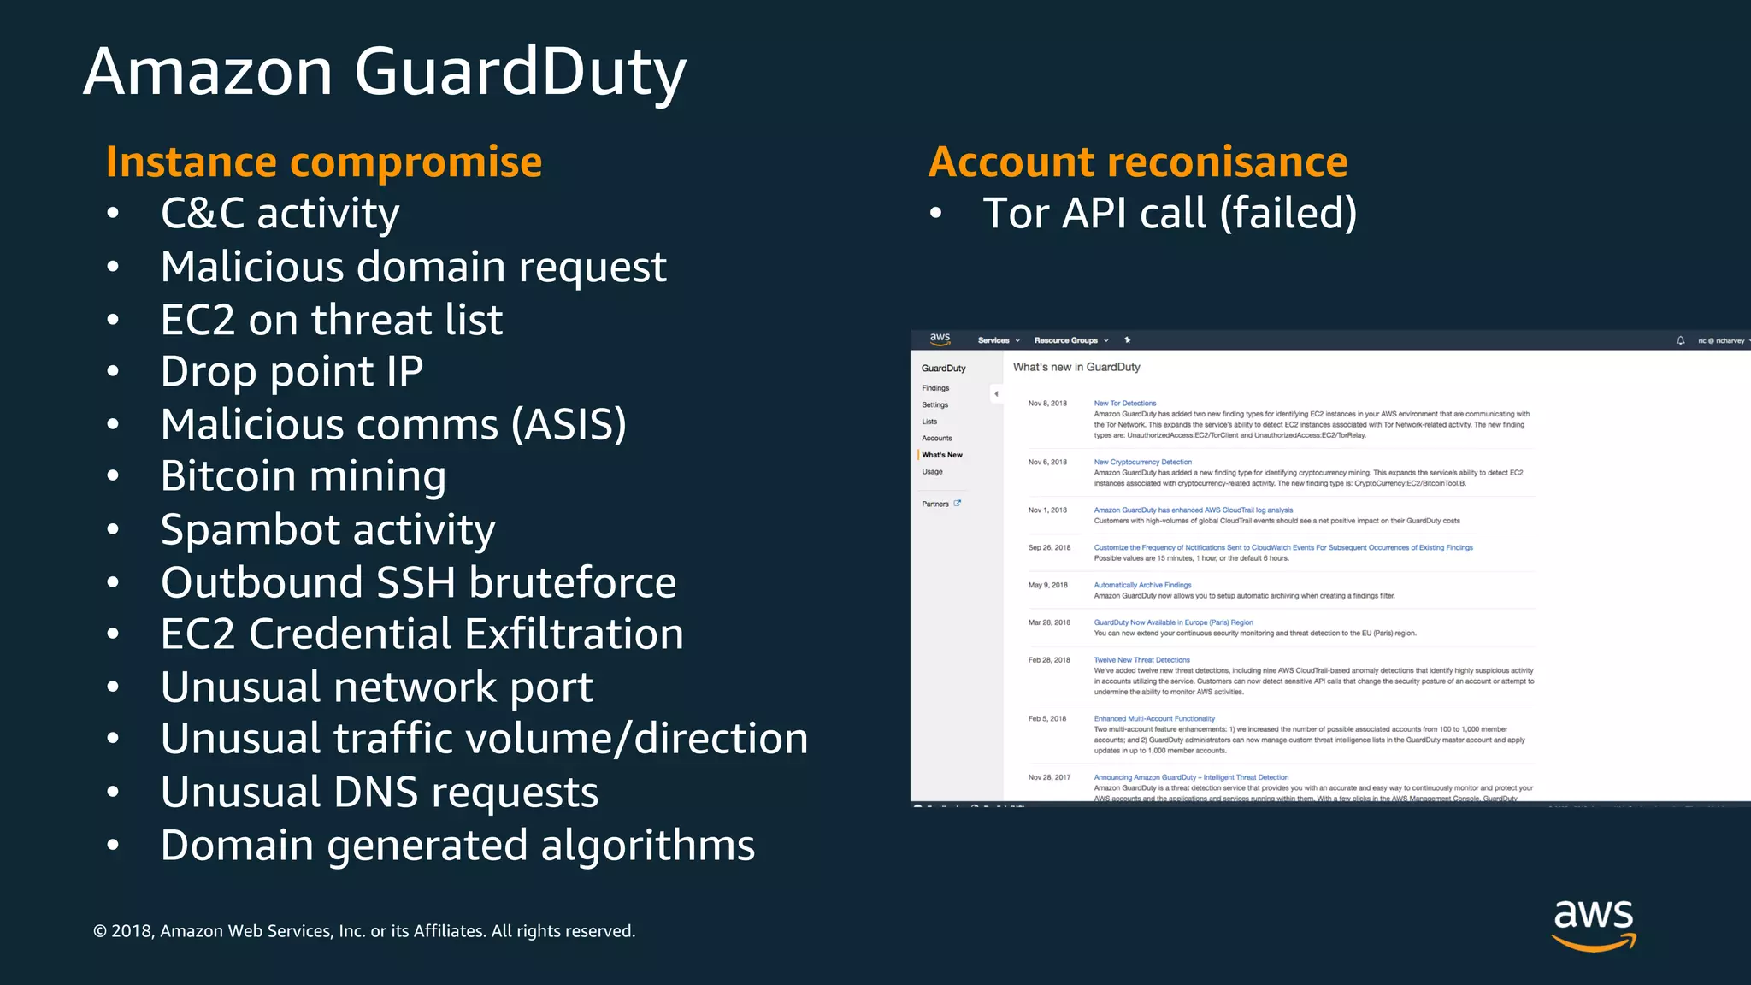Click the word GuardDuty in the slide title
pos(520,72)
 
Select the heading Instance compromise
pos(324,162)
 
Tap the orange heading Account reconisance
pos(1137,162)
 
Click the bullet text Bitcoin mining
pos(304,476)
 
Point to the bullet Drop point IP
pos(292,372)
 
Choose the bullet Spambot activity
pos(327,529)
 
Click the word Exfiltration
pos(574,634)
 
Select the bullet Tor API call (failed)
pos(1169,214)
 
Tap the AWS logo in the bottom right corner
pos(1593,923)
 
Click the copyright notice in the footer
pos(364,931)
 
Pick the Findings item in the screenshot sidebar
pos(935,388)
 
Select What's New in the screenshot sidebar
pos(942,455)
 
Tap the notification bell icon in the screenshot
pos(1680,340)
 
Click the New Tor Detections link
pos(1124,404)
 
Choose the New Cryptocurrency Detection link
pos(1142,462)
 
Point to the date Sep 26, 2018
pos(1049,547)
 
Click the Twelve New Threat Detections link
pos(1141,660)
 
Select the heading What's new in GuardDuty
pos(1076,367)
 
